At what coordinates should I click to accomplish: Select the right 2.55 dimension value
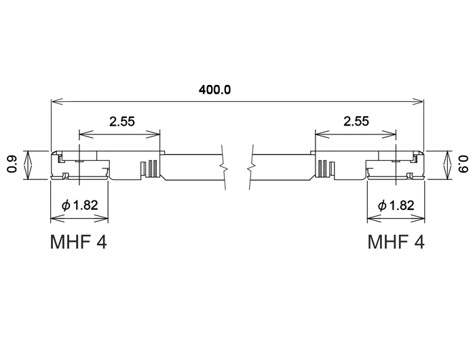[x=356, y=122]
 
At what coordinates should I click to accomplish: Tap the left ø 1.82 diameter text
[x=80, y=205]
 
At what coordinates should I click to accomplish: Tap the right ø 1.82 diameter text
[x=396, y=205]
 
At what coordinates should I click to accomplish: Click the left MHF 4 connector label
[x=79, y=242]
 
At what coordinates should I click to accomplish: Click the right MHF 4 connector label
[x=396, y=242]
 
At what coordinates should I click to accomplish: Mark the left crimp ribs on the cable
[x=150, y=168]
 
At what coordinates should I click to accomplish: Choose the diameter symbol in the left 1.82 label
[x=65, y=205]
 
